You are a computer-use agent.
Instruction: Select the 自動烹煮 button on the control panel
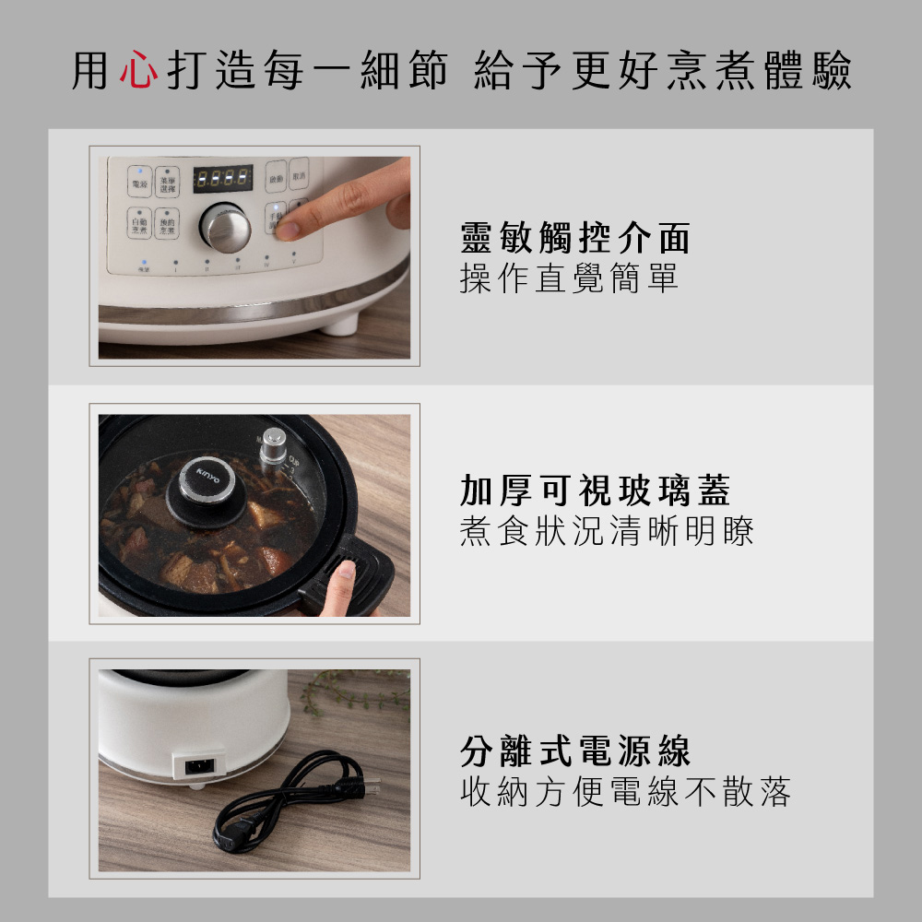coord(139,222)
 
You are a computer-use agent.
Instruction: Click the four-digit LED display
coord(222,177)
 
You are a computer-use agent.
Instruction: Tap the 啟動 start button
coord(275,180)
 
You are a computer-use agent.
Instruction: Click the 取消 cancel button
coord(297,180)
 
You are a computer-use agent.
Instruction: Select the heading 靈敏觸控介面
coord(574,239)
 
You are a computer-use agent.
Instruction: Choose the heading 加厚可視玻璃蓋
coord(595,491)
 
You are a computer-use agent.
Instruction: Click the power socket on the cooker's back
coord(199,764)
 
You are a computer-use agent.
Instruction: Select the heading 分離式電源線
coord(574,751)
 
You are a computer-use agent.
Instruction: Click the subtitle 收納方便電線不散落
coord(624,792)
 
